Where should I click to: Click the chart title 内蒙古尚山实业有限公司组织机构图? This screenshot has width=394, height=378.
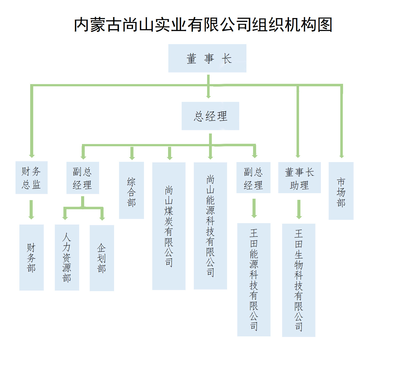tap(203, 25)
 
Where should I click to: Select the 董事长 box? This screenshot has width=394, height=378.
tap(207, 58)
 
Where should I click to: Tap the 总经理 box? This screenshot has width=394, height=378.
tap(210, 116)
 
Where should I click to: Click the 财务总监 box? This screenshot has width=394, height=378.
tap(31, 178)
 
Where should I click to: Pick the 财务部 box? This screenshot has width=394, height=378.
tap(31, 258)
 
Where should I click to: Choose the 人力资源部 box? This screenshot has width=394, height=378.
tap(67, 258)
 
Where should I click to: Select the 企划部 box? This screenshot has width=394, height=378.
tap(102, 258)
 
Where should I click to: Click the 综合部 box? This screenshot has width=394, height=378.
tap(131, 190)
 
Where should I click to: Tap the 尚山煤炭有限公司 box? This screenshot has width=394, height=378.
tap(169, 226)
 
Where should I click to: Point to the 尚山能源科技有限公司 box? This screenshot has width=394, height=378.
tap(210, 226)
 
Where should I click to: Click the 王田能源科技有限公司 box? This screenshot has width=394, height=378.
tap(254, 280)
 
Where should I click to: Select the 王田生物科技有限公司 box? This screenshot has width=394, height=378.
tap(298, 280)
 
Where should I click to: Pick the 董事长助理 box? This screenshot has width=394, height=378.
tap(299, 178)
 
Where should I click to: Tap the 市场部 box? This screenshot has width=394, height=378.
tap(341, 191)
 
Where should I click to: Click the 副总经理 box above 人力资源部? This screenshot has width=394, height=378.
tap(83, 178)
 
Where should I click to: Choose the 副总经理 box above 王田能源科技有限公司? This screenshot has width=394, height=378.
tap(253, 178)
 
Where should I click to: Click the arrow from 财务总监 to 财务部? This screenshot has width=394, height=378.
tap(31, 210)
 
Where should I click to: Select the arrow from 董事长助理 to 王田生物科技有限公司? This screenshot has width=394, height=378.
tap(299, 209)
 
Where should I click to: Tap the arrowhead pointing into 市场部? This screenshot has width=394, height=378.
tap(342, 156)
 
